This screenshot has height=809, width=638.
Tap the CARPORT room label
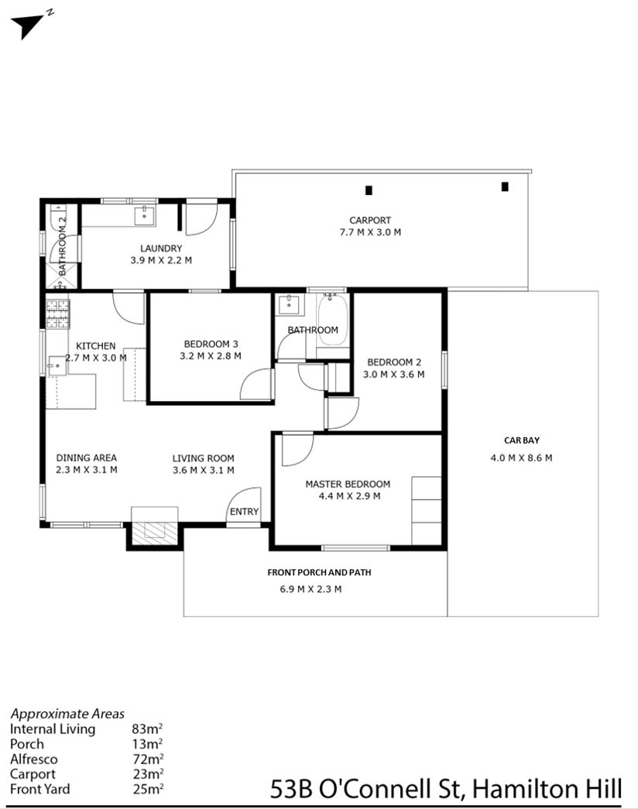(370, 221)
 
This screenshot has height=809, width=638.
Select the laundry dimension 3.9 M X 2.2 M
(161, 261)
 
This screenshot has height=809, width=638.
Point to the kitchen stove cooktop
(57, 314)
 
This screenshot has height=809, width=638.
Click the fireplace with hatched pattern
(154, 531)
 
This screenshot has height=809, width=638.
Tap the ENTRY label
(244, 511)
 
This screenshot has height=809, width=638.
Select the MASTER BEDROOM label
(348, 484)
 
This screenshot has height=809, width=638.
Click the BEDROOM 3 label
(211, 344)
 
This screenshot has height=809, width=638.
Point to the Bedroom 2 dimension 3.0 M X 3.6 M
(393, 375)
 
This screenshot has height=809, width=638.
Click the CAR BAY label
(522, 440)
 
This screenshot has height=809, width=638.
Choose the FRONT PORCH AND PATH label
(319, 572)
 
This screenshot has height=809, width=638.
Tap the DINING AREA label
(86, 458)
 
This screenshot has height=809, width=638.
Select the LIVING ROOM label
(204, 458)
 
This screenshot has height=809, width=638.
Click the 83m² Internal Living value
(147, 728)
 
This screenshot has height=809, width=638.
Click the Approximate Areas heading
(67, 714)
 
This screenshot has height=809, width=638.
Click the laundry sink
(145, 215)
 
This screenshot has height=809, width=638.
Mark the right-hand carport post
(505, 187)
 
